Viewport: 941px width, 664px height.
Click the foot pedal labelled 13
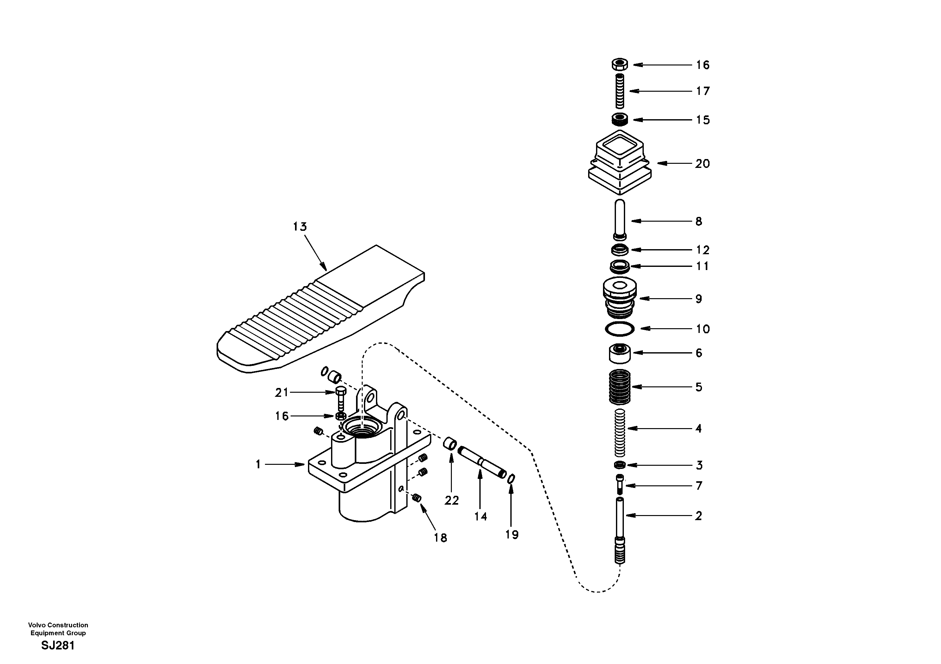[x=320, y=311]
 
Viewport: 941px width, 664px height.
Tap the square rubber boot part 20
[x=620, y=164]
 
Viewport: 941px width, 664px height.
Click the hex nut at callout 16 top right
[x=620, y=65]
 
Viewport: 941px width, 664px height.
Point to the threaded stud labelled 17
[x=620, y=91]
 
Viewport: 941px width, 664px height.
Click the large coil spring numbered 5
[x=620, y=386]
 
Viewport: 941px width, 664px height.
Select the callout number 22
[x=452, y=501]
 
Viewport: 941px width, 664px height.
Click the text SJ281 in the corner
[x=58, y=646]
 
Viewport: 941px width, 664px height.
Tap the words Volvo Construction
[x=58, y=625]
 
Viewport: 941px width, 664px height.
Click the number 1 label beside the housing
[x=258, y=464]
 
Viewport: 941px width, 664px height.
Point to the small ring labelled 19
[x=511, y=479]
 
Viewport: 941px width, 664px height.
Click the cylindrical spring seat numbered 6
[x=620, y=353]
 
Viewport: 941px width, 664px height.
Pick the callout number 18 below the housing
[x=440, y=538]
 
